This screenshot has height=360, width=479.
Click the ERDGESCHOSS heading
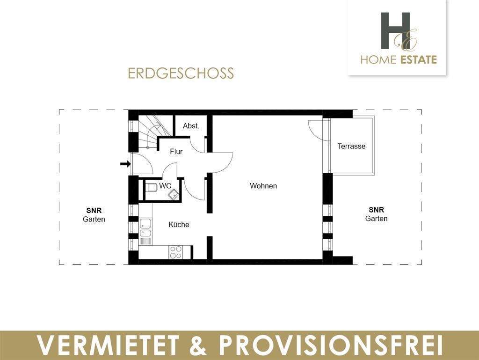(181, 73)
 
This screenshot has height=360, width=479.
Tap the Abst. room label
(191, 126)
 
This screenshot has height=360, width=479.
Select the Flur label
(176, 152)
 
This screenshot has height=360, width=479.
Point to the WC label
(165, 186)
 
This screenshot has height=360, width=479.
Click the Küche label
(179, 225)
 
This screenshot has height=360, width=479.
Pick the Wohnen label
(263, 186)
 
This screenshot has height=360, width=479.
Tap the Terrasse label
(351, 146)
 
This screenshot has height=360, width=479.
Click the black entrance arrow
(125, 164)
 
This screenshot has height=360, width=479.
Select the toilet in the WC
(151, 188)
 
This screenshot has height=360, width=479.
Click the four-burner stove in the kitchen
(176, 252)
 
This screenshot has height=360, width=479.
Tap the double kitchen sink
(145, 228)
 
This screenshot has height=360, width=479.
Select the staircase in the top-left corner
(150, 131)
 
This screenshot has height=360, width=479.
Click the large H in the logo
(395, 30)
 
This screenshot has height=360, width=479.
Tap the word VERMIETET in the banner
(108, 346)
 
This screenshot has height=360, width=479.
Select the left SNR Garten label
(94, 214)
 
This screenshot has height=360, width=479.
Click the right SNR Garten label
(376, 214)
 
